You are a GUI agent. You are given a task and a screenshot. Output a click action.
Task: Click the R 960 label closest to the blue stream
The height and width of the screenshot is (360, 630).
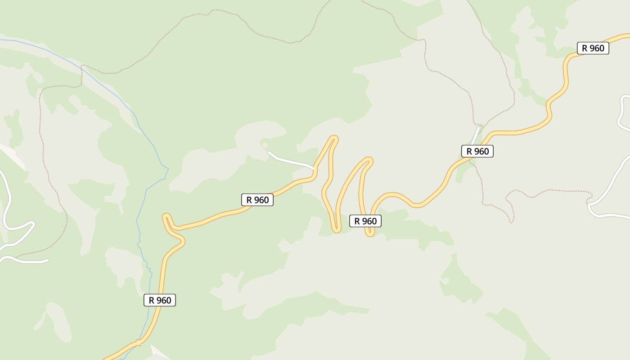pyautogui.click(x=160, y=300)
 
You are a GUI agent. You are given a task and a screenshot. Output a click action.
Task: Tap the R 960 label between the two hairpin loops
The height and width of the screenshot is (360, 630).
pyautogui.click(x=365, y=221)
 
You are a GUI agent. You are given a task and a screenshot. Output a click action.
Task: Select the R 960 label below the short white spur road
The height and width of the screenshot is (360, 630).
pyautogui.click(x=477, y=151)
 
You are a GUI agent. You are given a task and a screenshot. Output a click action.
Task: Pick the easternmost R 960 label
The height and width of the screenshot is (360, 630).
pyautogui.click(x=593, y=48)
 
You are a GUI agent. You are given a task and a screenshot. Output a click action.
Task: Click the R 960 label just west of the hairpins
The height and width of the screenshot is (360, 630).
pyautogui.click(x=257, y=200)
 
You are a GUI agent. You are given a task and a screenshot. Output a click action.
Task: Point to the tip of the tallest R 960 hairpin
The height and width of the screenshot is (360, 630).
pyautogui.click(x=333, y=139)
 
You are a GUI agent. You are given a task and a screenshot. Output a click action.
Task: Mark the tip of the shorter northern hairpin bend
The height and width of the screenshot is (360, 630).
pyautogui.click(x=369, y=160)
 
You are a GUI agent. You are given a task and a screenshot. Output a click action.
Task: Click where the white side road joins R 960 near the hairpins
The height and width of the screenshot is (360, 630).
pyautogui.click(x=314, y=170)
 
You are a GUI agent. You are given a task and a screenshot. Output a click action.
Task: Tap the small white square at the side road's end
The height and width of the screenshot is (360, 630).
pyautogui.click(x=265, y=145)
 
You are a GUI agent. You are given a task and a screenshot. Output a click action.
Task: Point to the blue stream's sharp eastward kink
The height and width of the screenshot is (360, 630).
pyautogui.click(x=167, y=169)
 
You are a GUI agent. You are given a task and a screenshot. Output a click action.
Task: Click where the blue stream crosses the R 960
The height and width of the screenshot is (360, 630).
pyautogui.click(x=139, y=343)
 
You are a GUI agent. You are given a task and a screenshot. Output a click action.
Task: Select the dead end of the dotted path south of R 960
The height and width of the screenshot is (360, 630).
pyautogui.click(x=511, y=222)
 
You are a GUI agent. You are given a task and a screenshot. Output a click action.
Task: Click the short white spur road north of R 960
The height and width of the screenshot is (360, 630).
pyautogui.click(x=476, y=135)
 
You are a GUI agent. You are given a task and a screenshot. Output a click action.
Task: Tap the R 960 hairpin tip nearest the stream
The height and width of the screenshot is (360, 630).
pyautogui.click(x=166, y=217)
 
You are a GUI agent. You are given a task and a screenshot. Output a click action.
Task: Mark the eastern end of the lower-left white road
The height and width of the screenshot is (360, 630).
pyautogui.click(x=47, y=260)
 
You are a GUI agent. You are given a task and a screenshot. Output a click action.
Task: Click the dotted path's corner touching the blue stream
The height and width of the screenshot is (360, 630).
pyautogui.click(x=82, y=66)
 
